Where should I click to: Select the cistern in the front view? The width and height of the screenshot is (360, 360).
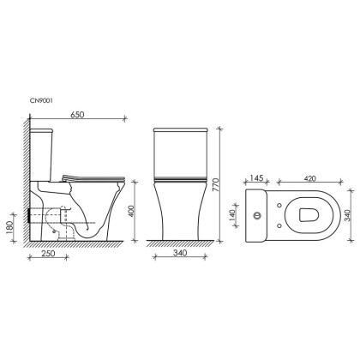pos(181,151)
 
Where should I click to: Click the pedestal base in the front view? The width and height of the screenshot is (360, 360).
pos(181,214)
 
